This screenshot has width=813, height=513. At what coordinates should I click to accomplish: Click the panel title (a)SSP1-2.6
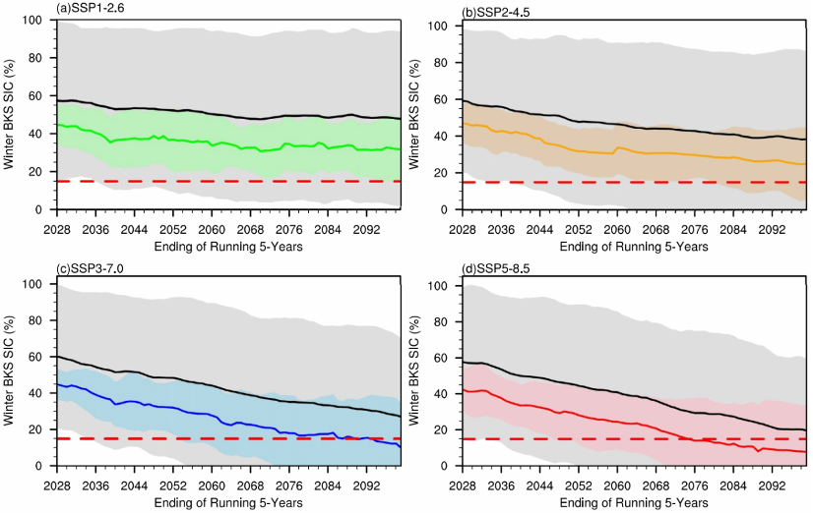click(x=91, y=9)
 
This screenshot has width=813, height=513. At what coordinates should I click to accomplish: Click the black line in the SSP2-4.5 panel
click(x=630, y=126)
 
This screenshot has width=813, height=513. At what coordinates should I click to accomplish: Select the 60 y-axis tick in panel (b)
click(x=448, y=99)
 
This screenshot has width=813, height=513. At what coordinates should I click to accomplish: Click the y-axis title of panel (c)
click(x=10, y=374)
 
